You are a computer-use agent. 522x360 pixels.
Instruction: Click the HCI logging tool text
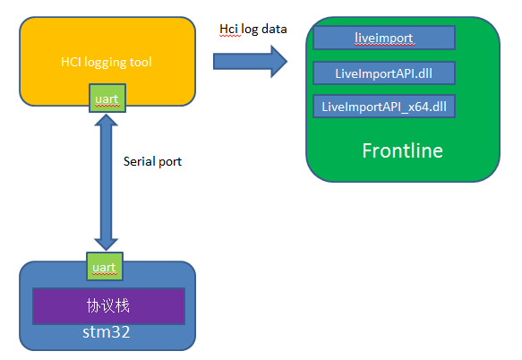(106, 62)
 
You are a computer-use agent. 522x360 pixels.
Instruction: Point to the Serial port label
(152, 163)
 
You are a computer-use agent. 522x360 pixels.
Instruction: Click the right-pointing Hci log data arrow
(250, 61)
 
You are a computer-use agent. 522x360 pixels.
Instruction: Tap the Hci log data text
(253, 29)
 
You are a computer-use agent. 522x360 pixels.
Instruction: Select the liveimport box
(384, 38)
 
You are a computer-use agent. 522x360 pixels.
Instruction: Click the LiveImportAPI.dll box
(384, 73)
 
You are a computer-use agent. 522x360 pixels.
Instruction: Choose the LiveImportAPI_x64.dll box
(384, 107)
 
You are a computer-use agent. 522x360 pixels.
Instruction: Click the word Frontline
(402, 150)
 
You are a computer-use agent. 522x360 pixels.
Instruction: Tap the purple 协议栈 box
(108, 306)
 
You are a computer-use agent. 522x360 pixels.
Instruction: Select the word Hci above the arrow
(228, 29)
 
